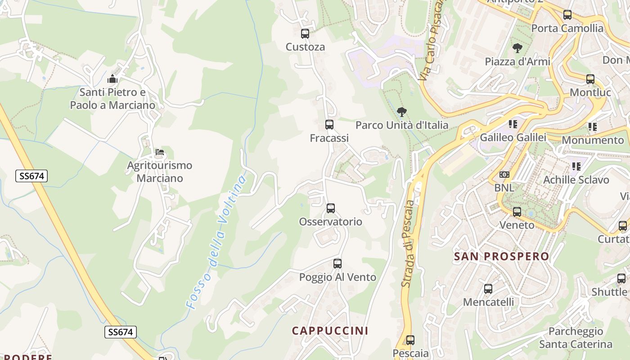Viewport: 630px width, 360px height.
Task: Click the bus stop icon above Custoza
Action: click(x=305, y=33)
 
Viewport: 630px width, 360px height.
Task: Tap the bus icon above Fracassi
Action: click(x=329, y=125)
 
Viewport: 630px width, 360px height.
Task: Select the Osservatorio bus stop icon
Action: click(x=331, y=208)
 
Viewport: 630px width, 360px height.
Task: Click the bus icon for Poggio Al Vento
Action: click(x=337, y=264)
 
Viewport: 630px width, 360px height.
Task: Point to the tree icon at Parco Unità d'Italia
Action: click(x=402, y=112)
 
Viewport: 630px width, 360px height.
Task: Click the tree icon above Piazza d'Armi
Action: click(x=517, y=48)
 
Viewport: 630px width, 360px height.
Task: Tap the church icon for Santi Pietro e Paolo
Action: click(x=112, y=79)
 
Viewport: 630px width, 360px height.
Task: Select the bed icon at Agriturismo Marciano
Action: click(x=159, y=153)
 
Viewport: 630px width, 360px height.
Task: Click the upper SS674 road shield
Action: click(x=31, y=176)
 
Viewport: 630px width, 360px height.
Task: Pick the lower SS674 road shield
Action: click(x=121, y=332)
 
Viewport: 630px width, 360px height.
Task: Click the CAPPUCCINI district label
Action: click(x=330, y=331)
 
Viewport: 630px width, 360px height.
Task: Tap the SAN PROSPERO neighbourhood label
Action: click(x=501, y=256)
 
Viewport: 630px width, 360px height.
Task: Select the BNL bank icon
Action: click(x=504, y=175)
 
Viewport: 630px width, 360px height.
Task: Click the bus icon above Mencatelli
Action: click(x=488, y=289)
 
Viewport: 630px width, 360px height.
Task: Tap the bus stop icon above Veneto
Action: click(x=517, y=211)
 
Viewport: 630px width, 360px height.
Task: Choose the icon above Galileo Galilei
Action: click(x=513, y=124)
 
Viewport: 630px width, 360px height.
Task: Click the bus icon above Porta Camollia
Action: click(x=567, y=15)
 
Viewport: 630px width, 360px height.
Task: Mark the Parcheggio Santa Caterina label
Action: click(x=576, y=338)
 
